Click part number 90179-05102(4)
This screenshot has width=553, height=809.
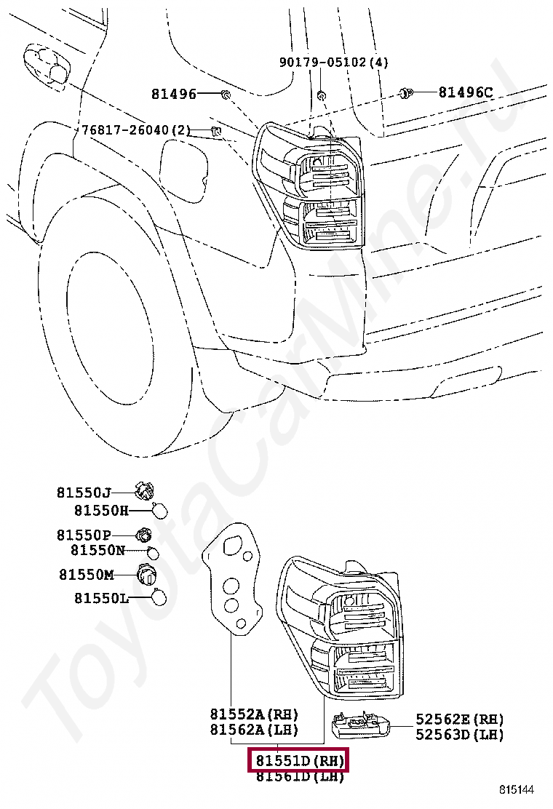(x=334, y=63)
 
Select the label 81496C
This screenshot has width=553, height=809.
(x=465, y=92)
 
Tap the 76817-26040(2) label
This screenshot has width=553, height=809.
(x=136, y=130)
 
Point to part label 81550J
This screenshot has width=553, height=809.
(x=84, y=492)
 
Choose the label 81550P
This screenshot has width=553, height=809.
(x=84, y=535)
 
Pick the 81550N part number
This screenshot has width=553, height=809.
(x=98, y=550)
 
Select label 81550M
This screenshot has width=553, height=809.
(x=87, y=575)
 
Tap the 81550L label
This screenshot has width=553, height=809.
(x=101, y=598)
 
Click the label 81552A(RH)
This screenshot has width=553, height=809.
(x=255, y=715)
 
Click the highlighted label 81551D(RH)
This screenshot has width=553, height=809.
(x=299, y=761)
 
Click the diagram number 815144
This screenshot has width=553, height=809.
(x=516, y=789)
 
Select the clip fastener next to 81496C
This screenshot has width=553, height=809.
(x=406, y=93)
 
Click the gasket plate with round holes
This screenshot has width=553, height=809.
(x=233, y=582)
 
